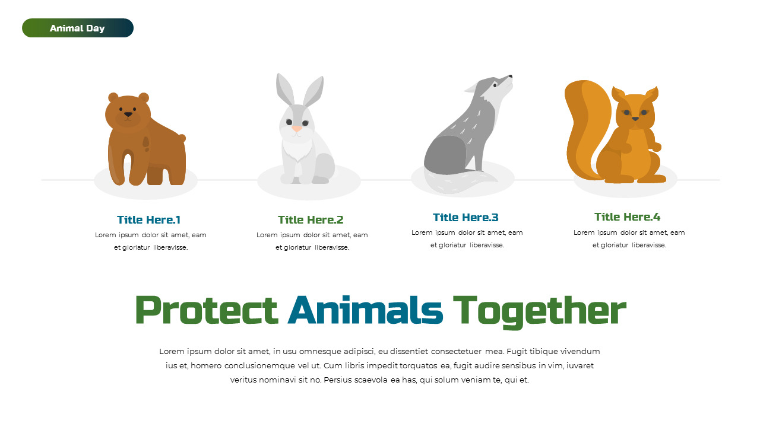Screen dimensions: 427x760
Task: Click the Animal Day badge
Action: click(x=78, y=28)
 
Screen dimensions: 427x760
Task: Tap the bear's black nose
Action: click(x=128, y=114)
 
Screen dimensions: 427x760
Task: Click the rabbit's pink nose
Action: click(x=297, y=128)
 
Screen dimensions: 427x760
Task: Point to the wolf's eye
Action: click(x=495, y=85)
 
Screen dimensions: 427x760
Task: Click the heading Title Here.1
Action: click(x=148, y=220)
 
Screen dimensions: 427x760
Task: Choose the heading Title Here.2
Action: click(x=311, y=220)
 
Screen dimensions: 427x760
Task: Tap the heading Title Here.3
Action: click(x=465, y=218)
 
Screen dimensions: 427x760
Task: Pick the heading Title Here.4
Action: click(x=627, y=217)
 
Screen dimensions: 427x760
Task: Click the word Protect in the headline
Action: click(x=207, y=310)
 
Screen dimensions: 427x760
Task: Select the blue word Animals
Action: click(x=365, y=310)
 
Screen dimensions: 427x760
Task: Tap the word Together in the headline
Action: click(x=539, y=310)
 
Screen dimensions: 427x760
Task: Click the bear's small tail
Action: click(x=182, y=138)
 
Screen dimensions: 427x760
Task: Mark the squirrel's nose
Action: click(x=635, y=119)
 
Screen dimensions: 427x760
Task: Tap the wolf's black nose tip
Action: click(x=511, y=76)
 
